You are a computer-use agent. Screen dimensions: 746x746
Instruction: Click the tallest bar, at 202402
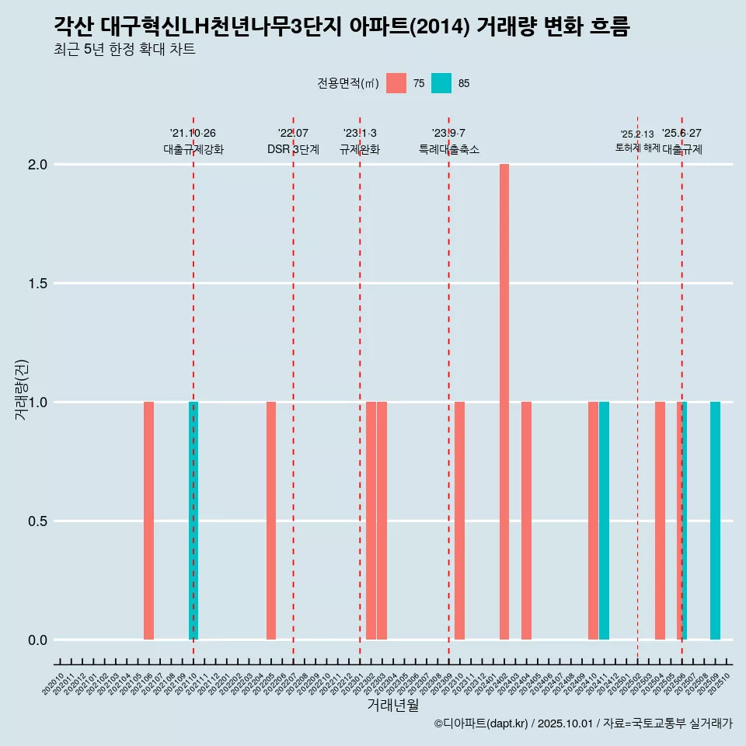click(x=504, y=402)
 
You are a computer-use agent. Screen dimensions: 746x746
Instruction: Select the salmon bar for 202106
click(x=148, y=521)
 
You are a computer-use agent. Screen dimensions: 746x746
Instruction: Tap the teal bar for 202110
click(x=194, y=521)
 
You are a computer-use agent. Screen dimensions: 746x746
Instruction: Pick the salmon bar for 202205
click(x=271, y=521)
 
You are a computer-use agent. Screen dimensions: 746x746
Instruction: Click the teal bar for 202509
click(x=715, y=521)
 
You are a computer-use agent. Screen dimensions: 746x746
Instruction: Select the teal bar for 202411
click(x=604, y=521)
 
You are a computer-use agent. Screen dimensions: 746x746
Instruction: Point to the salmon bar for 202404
click(x=526, y=521)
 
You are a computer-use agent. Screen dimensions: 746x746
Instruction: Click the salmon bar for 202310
click(x=459, y=521)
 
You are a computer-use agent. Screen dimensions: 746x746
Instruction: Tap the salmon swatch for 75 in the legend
click(x=396, y=83)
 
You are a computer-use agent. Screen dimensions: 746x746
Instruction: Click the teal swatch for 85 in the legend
click(x=441, y=83)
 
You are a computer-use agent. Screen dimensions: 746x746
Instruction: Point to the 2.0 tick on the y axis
click(x=38, y=165)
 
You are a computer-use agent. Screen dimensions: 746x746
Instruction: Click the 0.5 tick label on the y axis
click(x=38, y=521)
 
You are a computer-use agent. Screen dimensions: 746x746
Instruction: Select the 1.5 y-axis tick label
click(x=38, y=284)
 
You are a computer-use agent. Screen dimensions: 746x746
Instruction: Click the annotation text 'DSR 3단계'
click(x=293, y=149)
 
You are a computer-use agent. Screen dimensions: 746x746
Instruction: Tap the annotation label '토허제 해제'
click(x=637, y=148)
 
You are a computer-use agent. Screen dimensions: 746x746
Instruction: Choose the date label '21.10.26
click(x=193, y=134)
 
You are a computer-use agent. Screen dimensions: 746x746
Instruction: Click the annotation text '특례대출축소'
click(x=448, y=149)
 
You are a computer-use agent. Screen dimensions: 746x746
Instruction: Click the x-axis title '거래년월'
click(x=392, y=705)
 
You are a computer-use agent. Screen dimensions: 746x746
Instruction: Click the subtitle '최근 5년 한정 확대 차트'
click(x=124, y=50)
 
